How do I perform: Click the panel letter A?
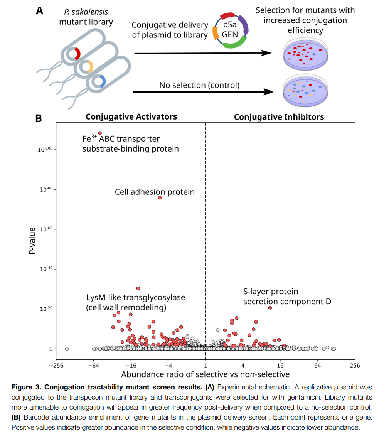pyautogui.click(x=39, y=11)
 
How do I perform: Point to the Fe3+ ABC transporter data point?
pyautogui.click(x=100, y=133)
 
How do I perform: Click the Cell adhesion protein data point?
pyautogui.click(x=160, y=198)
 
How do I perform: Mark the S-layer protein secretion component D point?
pyautogui.click(x=270, y=308)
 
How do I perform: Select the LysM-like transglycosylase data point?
pyautogui.click(x=138, y=288)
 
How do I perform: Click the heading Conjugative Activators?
pyautogui.click(x=131, y=117)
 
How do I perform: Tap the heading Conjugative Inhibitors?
pyautogui.click(x=279, y=117)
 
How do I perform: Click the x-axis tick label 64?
pyautogui.click(x=317, y=366)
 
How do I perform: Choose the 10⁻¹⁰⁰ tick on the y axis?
pyautogui.click(x=45, y=150)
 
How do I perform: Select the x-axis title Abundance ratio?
pyautogui.click(x=205, y=374)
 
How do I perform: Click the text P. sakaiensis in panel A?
pyautogui.click(x=86, y=12)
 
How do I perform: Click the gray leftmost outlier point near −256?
pyautogui.click(x=67, y=349)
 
